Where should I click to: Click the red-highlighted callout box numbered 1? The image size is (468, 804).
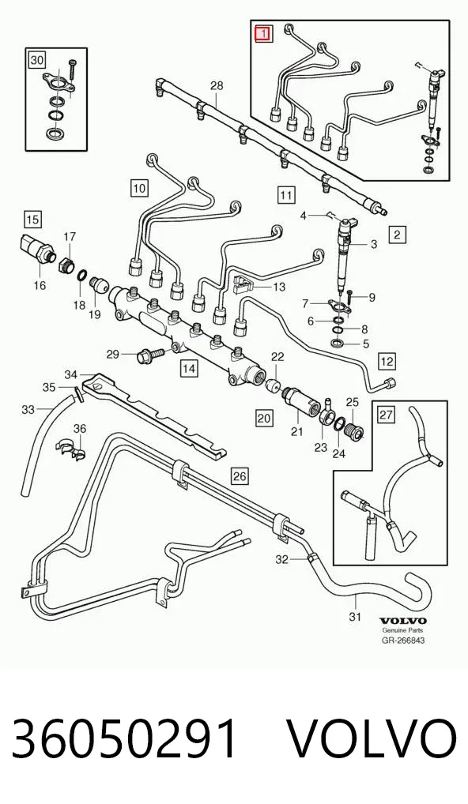coord(265,34)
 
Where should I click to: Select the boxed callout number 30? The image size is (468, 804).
coord(36,61)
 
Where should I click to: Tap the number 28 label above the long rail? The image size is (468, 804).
coord(217,85)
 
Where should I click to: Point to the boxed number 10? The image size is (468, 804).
coord(140,188)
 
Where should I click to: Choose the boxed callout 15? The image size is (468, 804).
coord(32,220)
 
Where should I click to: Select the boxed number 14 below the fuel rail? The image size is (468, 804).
coord(189,368)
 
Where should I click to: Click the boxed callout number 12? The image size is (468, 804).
coord(387,362)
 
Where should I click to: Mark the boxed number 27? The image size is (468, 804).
coord(387,415)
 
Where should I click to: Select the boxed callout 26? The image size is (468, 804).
coord(240,476)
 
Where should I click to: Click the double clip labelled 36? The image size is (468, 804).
coord(71,448)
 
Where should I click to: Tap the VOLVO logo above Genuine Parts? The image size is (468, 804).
coord(402,621)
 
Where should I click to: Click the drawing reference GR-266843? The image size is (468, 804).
coord(403,640)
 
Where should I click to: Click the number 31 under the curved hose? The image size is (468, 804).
coord(355,616)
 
